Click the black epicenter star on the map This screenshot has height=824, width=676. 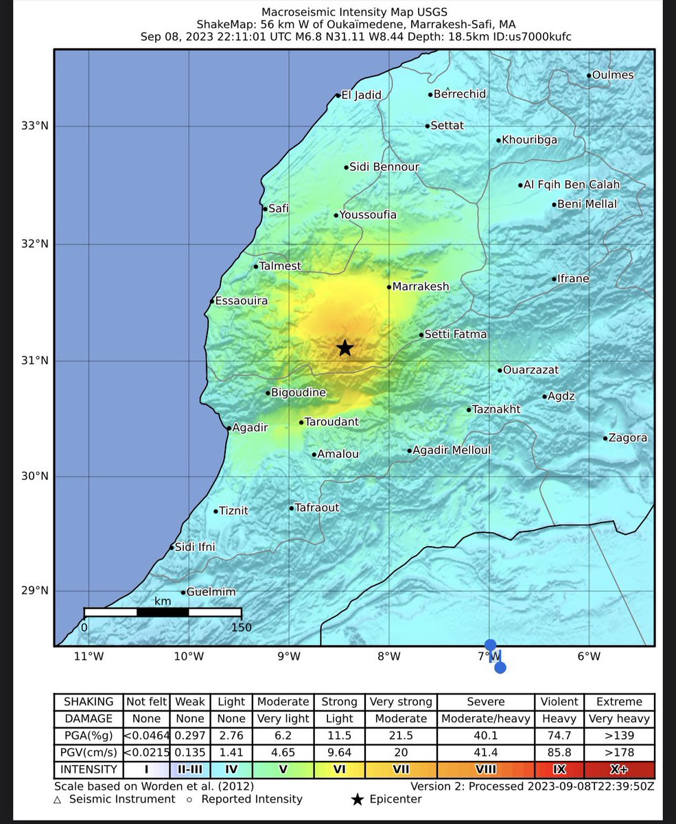point(345,348)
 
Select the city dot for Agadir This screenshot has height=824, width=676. point(229,428)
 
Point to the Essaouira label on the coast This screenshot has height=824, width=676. point(241,301)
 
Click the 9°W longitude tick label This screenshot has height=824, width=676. point(289,656)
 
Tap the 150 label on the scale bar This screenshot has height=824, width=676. point(242,627)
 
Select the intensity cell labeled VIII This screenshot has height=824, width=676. point(486,770)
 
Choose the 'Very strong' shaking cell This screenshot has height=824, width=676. point(401,702)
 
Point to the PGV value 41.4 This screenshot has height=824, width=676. point(486,753)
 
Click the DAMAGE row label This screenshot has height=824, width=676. point(89,718)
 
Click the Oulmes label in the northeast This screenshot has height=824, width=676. point(613,75)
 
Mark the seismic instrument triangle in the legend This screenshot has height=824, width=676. point(58,799)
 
